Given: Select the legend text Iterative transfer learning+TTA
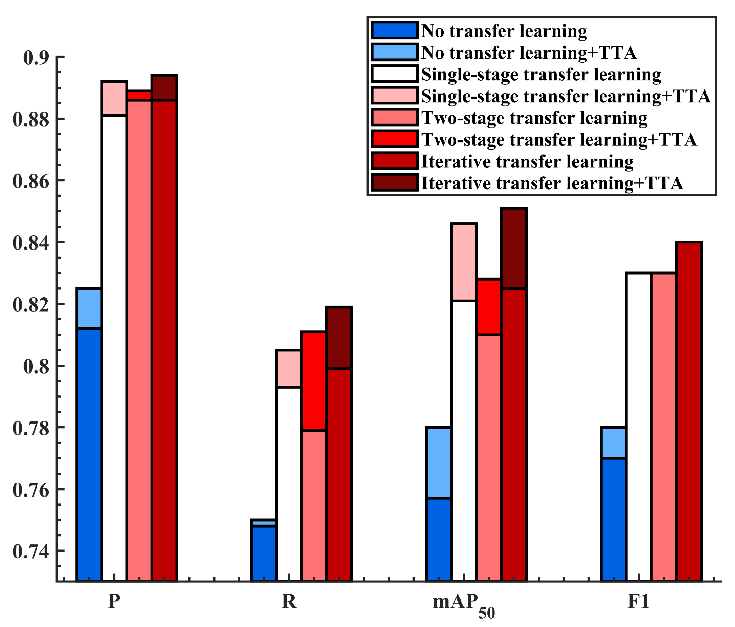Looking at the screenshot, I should [552, 184].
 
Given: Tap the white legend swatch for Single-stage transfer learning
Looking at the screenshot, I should [395, 74].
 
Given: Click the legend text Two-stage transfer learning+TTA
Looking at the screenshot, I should [559, 140].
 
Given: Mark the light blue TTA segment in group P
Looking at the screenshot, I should [89, 308].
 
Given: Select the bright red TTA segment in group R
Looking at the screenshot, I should [314, 381].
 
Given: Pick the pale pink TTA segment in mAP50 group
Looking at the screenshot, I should [464, 262].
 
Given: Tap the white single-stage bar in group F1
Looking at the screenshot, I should [639, 426].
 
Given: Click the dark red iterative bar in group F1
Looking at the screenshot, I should [689, 412].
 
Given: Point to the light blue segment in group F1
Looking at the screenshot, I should [613, 442].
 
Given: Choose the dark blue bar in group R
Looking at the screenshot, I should [264, 554].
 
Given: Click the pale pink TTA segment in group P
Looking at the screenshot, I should [114, 98].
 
